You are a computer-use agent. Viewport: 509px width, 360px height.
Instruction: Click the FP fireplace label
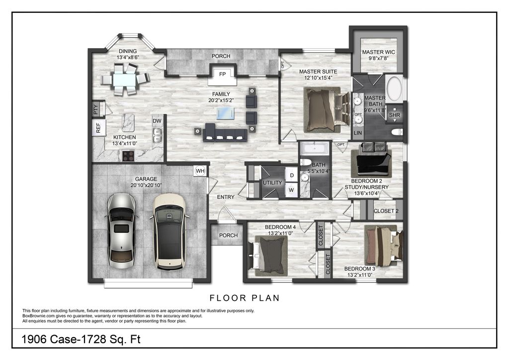[x=222, y=75]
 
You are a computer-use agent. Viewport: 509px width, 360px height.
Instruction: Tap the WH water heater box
[x=200, y=171]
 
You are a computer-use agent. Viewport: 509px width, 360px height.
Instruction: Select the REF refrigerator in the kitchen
[x=98, y=128]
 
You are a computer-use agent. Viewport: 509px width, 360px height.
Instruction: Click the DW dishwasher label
[x=157, y=121]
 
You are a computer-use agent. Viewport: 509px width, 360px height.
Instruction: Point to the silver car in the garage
[x=120, y=231]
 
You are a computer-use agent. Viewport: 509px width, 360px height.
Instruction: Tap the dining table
[x=125, y=79]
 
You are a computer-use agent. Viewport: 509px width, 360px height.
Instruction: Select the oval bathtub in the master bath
[x=394, y=89]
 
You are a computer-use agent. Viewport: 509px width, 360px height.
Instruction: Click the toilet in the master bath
[x=397, y=132]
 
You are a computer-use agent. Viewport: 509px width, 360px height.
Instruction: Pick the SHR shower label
[x=394, y=115]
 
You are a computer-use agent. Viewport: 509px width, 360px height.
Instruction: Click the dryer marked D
[x=292, y=176]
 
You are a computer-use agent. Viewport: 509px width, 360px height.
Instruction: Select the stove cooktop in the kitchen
[x=129, y=156]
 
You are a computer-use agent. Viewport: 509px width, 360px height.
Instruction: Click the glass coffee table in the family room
[x=226, y=113]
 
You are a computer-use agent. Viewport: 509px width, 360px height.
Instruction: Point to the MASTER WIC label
[x=378, y=52]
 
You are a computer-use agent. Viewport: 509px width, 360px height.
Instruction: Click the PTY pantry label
[x=95, y=109]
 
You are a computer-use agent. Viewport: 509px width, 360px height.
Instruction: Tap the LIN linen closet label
[x=358, y=133]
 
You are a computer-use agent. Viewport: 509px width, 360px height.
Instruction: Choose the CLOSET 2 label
[x=386, y=211]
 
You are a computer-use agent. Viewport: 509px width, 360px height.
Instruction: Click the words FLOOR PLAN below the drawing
[x=245, y=298]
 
